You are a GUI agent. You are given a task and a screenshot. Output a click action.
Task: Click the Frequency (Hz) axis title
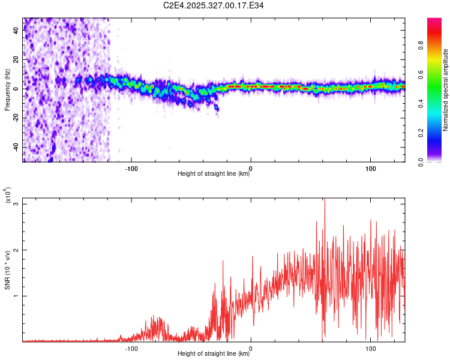pyautogui.click(x=7, y=90)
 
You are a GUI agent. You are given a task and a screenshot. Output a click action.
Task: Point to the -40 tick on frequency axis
pyautogui.click(x=16, y=147)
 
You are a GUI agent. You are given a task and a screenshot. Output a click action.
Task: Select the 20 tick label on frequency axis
pyautogui.click(x=16, y=59)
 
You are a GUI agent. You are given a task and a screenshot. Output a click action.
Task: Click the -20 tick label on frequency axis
pyautogui.click(x=16, y=118)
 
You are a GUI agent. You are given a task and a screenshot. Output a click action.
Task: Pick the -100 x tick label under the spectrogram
pyautogui.click(x=131, y=168)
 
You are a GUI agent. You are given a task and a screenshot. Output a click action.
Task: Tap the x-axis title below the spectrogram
pyautogui.click(x=214, y=175)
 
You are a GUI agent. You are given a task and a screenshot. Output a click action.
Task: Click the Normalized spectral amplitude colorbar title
pyautogui.click(x=446, y=90)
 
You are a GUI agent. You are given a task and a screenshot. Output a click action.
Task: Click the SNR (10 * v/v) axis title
pyautogui.click(x=7, y=270)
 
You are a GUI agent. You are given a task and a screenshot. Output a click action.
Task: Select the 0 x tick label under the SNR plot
pyautogui.click(x=251, y=348)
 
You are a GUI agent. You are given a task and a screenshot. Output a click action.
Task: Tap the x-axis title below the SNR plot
pyautogui.click(x=214, y=355)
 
